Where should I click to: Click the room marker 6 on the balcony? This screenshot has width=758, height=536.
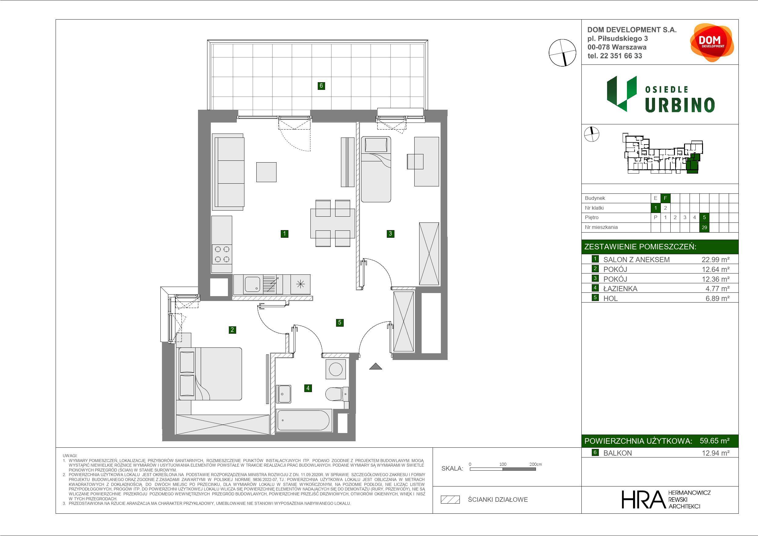321,86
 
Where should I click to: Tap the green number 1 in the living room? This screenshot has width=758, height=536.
284,234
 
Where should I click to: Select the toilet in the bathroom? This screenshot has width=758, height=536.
337,394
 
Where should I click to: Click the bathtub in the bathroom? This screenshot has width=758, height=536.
303,420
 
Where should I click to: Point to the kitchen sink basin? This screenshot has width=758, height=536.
252,284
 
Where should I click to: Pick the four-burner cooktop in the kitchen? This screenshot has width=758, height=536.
222,254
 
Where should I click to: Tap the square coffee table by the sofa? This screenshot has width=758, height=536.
266,172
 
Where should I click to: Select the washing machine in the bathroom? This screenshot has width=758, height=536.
336,369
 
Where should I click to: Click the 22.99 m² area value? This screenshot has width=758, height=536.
716,259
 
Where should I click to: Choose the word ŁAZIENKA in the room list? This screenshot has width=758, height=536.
620,289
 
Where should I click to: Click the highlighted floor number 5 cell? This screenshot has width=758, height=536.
704,217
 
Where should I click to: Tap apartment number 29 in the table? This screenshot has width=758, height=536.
704,227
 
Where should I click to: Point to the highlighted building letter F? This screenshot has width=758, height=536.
665,198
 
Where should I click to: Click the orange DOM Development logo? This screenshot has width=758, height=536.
712,42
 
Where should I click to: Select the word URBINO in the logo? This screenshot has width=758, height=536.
680,105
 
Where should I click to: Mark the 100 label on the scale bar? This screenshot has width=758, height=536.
503,464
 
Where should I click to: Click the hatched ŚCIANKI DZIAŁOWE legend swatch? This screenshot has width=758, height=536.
450,500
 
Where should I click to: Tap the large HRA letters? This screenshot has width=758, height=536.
643,499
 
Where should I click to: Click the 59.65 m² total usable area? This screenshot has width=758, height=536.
715,441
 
